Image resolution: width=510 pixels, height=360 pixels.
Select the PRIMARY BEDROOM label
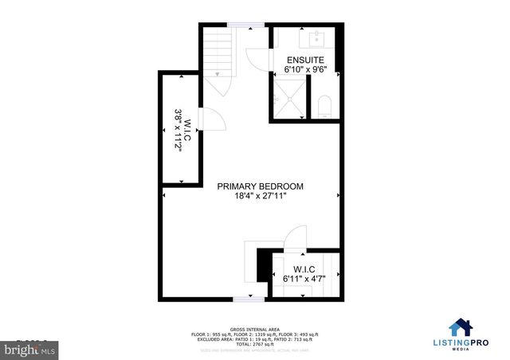pyautogui.click(x=261, y=186)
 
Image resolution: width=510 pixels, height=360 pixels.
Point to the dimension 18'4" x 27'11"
pyautogui.click(x=261, y=197)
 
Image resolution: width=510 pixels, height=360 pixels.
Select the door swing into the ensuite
pyautogui.click(x=257, y=61)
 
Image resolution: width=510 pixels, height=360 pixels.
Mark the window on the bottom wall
pyautogui.click(x=249, y=298)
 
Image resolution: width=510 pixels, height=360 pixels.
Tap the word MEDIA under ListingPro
pyautogui.click(x=460, y=348)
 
